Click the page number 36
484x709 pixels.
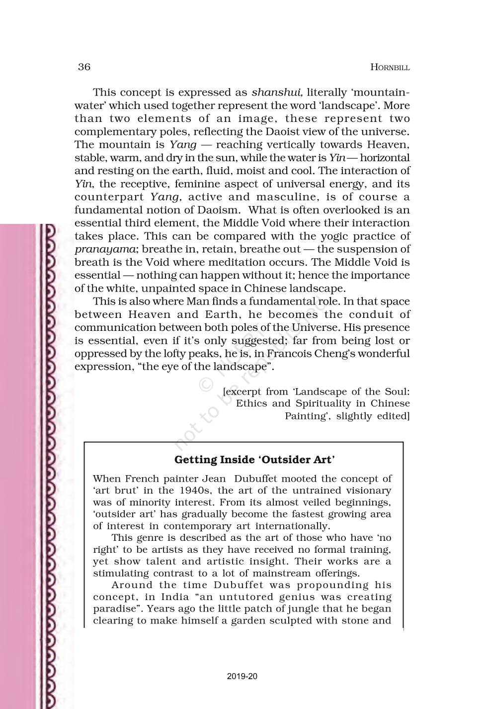[x=84, y=67]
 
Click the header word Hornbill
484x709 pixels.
[x=390, y=68]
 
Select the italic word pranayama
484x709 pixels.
[x=103, y=249]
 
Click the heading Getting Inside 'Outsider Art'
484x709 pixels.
[x=254, y=459]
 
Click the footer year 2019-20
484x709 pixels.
[x=242, y=676]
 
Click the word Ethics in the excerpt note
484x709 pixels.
[x=252, y=404]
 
